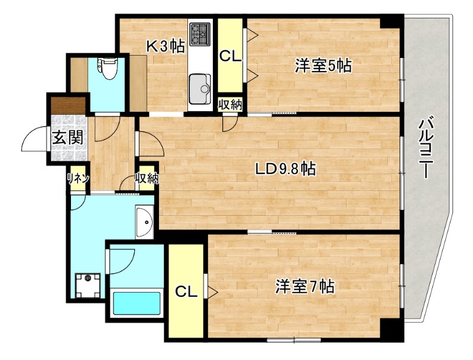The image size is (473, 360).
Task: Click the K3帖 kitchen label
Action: coord(166,46)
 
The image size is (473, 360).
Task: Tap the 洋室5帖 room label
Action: coord(323,66)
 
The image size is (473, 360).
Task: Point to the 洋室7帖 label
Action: coord(305,287)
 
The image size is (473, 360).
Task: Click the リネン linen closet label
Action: coord(77,179)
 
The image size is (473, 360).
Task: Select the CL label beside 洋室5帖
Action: coord(230,56)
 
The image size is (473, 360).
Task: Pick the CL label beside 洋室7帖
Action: coord(186,291)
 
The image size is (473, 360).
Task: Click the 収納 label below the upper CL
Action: coord(230,105)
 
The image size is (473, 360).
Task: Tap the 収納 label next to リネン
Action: coord(147,178)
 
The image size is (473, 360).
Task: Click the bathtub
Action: coord(137,304)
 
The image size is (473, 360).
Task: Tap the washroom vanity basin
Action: coord(144,220)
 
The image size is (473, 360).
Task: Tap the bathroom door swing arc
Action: coord(121,258)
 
